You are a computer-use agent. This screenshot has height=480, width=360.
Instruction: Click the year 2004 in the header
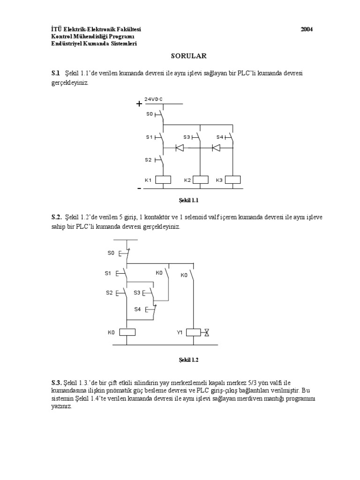(x=307, y=30)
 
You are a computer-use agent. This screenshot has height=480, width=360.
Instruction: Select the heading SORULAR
(x=189, y=56)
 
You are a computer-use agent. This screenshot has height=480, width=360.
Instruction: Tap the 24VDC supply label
(x=153, y=99)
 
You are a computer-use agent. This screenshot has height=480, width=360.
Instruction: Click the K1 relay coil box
(x=163, y=180)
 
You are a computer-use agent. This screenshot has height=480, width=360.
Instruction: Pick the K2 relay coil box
(x=201, y=180)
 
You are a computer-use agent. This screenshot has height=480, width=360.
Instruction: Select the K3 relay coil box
(x=233, y=180)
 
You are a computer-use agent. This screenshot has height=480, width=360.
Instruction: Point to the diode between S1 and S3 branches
(x=180, y=148)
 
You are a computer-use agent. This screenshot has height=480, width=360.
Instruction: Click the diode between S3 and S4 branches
(x=216, y=148)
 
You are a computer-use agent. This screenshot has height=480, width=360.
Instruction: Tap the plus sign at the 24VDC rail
(x=139, y=104)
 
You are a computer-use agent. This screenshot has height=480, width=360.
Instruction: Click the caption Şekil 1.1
(x=188, y=201)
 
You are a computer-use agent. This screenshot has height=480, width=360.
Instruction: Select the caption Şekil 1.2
(x=188, y=360)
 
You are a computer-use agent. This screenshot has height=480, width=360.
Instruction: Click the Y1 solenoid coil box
(x=194, y=332)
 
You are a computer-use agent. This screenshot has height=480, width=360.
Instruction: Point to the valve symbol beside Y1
(x=207, y=332)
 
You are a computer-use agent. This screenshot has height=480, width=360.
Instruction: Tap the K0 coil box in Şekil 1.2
(x=127, y=332)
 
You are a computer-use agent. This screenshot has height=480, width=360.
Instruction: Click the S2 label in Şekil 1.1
(x=149, y=160)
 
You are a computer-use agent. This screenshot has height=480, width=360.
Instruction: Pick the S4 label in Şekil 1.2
(x=137, y=309)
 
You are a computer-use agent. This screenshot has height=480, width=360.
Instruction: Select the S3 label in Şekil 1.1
(x=187, y=137)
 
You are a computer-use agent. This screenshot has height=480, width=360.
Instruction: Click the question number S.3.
(x=56, y=382)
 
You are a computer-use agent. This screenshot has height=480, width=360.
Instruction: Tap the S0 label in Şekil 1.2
(x=111, y=253)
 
